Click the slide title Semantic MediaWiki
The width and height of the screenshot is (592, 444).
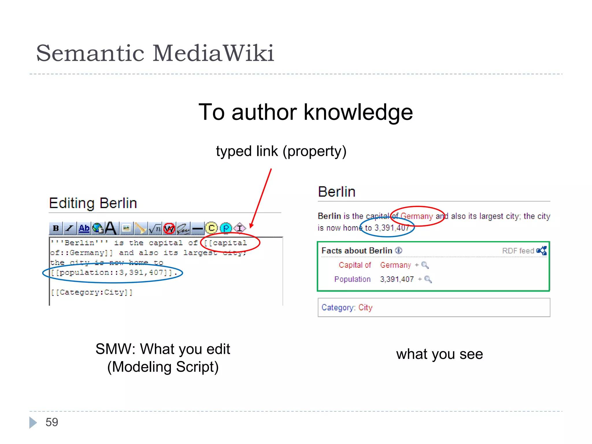click(x=155, y=53)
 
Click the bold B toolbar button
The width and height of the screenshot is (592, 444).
click(x=56, y=228)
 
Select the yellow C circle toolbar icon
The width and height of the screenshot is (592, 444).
click(x=211, y=228)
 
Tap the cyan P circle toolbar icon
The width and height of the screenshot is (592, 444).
click(x=226, y=228)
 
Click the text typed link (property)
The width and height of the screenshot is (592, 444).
click(x=281, y=151)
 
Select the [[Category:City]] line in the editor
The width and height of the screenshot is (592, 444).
click(x=92, y=292)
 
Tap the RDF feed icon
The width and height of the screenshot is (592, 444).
click(x=541, y=251)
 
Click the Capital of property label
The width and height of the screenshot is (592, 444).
click(x=355, y=265)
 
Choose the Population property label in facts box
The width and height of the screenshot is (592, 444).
click(x=352, y=279)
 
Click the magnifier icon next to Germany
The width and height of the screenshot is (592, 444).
click(x=425, y=265)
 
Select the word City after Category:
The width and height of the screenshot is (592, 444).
click(x=365, y=307)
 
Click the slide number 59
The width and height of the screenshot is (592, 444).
click(x=52, y=422)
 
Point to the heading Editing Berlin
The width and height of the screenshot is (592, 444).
click(x=93, y=203)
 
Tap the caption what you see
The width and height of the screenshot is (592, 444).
click(x=439, y=354)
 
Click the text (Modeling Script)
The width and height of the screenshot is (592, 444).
click(x=163, y=367)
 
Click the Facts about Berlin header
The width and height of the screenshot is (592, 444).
click(x=357, y=251)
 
